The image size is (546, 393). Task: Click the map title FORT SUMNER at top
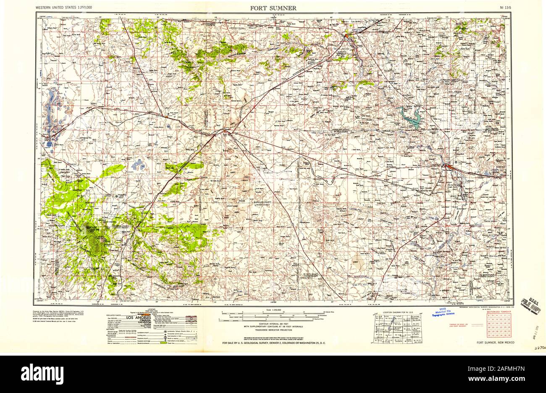[x=273, y=8]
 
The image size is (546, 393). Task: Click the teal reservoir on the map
[x=412, y=118]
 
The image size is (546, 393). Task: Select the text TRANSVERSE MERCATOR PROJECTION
[x=273, y=330]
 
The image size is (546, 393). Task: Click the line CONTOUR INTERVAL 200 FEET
[x=273, y=323]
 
